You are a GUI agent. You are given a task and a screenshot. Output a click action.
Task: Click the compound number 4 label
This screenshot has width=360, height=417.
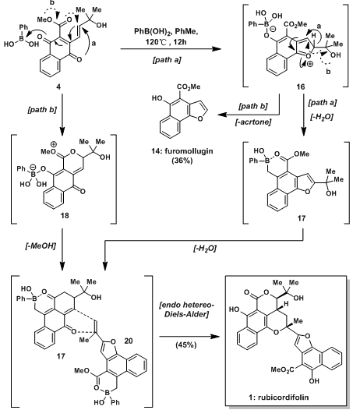click(58, 87)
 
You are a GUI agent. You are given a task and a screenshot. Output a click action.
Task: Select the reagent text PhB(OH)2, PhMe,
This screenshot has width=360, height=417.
click(166, 32)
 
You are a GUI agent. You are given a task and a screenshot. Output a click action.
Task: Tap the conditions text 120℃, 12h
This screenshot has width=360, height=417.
click(166, 42)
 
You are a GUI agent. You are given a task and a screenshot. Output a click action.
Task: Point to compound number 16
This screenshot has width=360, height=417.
click(301, 87)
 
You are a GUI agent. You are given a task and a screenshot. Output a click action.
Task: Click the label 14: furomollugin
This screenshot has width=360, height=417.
click(182, 151)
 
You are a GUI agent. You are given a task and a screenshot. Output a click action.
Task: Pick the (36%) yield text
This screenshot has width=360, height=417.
click(182, 161)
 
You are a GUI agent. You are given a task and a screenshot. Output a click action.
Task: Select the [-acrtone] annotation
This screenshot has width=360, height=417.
click(253, 122)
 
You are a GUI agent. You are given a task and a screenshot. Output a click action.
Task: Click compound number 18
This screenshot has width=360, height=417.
click(65, 215)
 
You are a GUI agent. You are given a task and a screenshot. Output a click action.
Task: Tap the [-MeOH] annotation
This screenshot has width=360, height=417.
click(41, 246)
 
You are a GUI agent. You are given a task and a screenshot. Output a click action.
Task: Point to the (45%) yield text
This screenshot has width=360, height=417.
click(186, 345)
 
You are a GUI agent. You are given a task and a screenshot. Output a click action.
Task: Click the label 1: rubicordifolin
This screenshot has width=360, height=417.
click(279, 398)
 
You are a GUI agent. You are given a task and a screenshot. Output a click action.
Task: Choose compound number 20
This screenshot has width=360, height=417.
click(129, 341)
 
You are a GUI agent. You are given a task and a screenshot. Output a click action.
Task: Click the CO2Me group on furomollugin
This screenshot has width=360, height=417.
click(189, 87)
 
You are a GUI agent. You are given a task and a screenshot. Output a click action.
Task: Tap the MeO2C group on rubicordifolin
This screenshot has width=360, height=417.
click(282, 369)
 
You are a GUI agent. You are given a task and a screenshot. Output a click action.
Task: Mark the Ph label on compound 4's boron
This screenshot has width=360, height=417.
click(23, 27)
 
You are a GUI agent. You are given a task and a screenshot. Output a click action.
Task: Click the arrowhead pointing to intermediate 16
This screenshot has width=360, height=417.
click(217, 48)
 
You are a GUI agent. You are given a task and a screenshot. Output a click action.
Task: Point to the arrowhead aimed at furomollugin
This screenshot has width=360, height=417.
click(222, 115)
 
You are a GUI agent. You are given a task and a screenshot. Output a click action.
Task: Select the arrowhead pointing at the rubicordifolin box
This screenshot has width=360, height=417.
click(217, 337)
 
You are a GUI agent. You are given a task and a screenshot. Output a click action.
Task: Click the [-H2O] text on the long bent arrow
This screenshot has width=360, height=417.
click(205, 249)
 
